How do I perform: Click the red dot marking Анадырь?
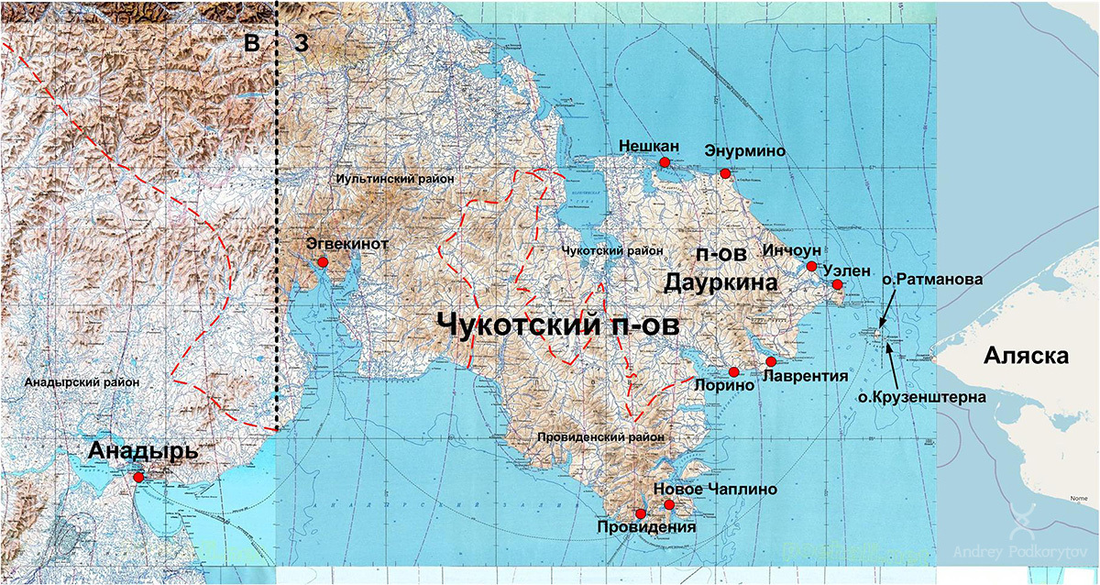pos(137,477)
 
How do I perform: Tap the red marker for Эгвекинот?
pos(323,263)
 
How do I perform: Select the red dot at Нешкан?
pos(665,161)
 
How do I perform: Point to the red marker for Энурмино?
pos(725,173)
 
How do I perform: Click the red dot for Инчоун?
pos(811,267)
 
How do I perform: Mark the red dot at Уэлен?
pos(837,285)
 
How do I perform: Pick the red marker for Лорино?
pos(734,371)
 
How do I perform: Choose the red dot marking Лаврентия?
pos(770,362)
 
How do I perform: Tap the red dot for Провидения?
pos(640,513)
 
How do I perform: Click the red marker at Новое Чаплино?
pos(669,505)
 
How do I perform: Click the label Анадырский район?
pos(76,382)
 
